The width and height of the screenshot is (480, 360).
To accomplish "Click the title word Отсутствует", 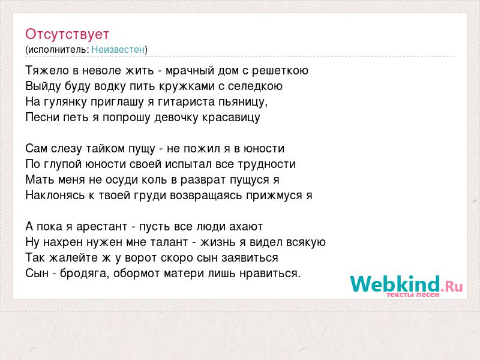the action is click(67, 34).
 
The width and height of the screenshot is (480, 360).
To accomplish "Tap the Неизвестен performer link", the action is click(118, 49).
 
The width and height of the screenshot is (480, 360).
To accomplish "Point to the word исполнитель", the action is click(58, 50).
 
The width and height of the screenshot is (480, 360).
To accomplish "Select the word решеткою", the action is click(280, 71).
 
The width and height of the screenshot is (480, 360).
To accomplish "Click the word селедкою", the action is click(255, 86).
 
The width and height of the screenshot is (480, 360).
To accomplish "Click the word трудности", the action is click(266, 164).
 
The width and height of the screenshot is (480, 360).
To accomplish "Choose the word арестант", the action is click(101, 227).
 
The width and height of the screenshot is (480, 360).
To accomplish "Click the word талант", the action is click(169, 242).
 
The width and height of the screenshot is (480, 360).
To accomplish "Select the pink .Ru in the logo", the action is click(452, 287).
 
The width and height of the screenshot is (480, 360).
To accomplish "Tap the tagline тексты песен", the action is click(413, 295).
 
